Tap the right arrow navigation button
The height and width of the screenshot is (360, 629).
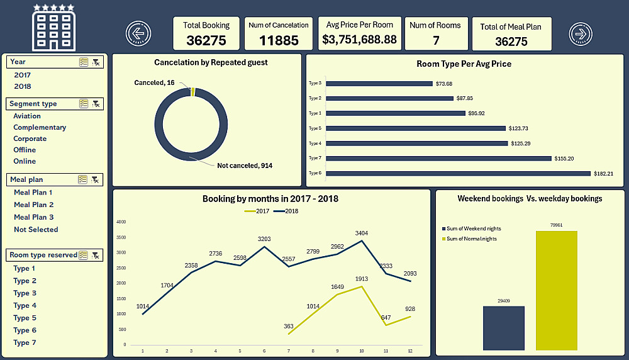point(581,33)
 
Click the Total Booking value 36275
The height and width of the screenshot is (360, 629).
point(206,41)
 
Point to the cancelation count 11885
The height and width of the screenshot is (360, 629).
point(278,41)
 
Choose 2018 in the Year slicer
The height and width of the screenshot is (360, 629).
point(23,86)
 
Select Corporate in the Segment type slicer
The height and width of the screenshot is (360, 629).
point(30,138)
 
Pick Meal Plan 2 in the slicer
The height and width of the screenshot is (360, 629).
point(34,205)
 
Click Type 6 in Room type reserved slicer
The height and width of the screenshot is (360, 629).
point(25,330)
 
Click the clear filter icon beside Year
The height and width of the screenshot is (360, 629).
point(96,62)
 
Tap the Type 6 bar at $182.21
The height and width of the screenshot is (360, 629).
point(458,173)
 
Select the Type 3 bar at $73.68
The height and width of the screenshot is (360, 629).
point(379,83)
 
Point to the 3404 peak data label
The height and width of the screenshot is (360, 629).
point(361,233)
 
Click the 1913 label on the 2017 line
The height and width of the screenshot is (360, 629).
point(361,279)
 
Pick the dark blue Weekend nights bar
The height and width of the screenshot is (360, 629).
point(503,327)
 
